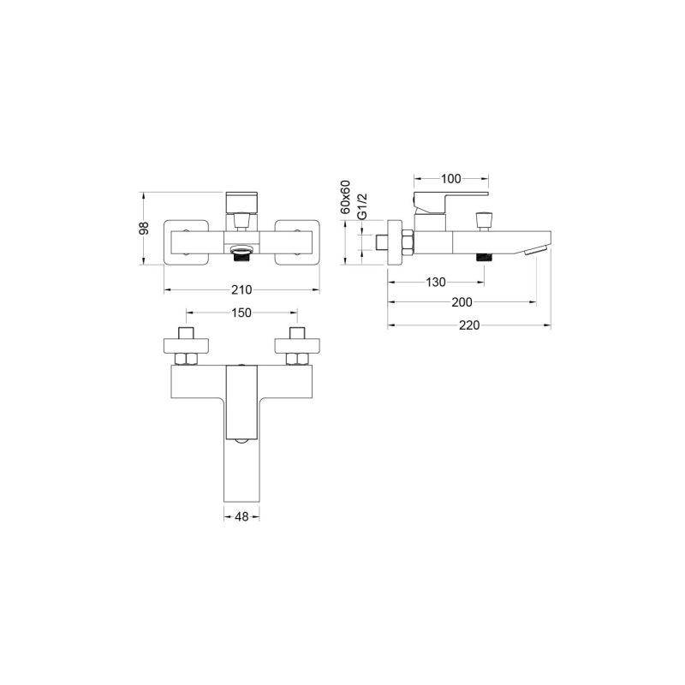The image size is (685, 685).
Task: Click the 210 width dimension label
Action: click(x=241, y=289)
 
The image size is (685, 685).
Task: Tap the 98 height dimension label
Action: click(x=144, y=228)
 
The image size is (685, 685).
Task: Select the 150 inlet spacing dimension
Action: click(x=241, y=313)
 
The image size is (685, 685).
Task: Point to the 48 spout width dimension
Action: click(x=241, y=517)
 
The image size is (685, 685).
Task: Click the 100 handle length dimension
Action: click(x=451, y=179)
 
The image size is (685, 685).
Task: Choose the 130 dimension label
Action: click(x=436, y=283)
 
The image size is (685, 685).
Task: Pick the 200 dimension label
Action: click(x=462, y=302)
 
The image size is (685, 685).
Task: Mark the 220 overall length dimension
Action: click(x=469, y=325)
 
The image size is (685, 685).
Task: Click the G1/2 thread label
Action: click(x=362, y=206)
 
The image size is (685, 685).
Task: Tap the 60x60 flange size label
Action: click(x=346, y=197)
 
